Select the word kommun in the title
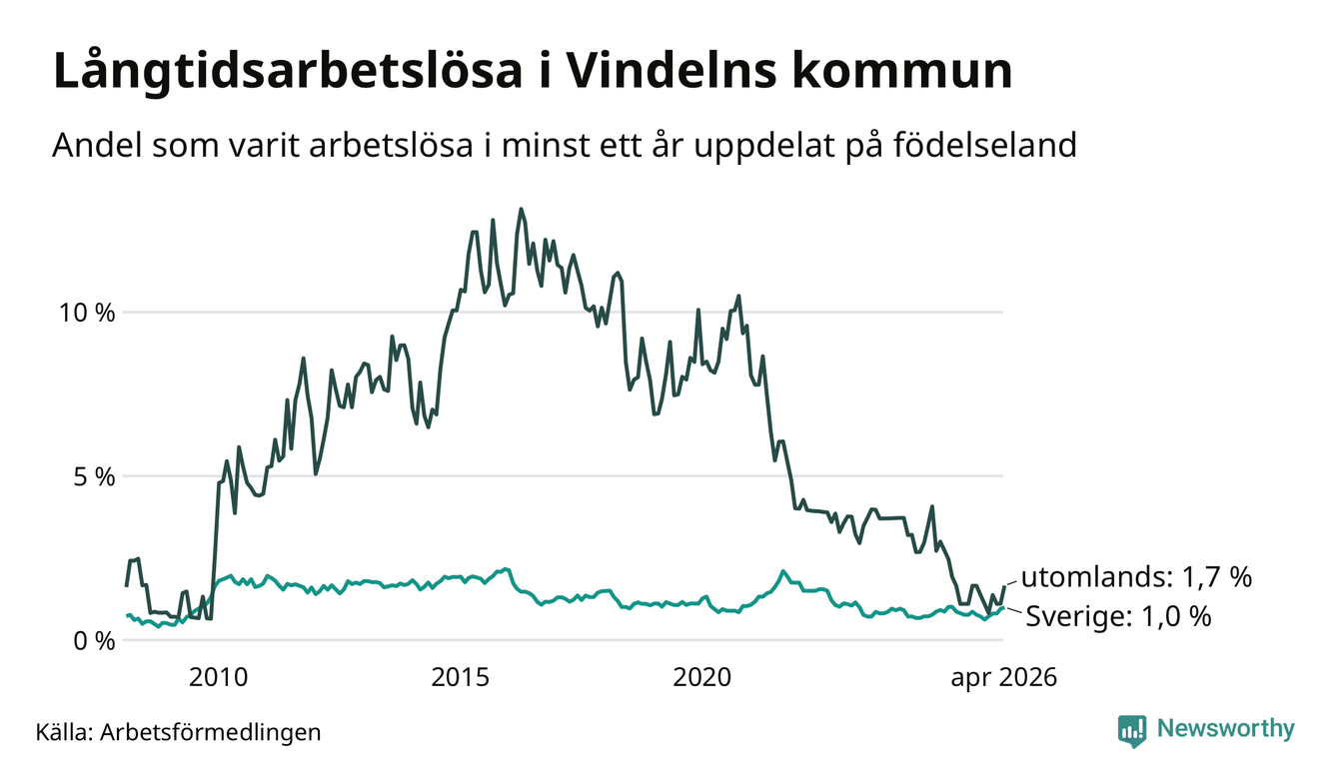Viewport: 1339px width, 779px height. coord(902,71)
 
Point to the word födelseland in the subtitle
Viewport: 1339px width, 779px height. coord(985,145)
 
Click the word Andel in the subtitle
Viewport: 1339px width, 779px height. coord(98,145)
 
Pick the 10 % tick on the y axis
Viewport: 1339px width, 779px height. coord(87,313)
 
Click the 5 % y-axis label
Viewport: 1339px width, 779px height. coord(95,476)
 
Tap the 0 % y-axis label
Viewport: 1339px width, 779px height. coord(95,641)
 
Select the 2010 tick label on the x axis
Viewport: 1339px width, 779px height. coord(218,677)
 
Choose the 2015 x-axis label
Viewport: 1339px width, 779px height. coord(461,677)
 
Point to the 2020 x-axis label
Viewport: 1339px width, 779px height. coord(702,677)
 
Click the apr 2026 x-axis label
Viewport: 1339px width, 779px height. coord(1004,678)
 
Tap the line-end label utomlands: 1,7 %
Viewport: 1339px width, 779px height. coord(1136,577)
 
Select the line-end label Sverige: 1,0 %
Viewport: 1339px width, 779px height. coord(1118,616)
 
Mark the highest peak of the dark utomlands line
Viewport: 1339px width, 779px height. coord(521,209)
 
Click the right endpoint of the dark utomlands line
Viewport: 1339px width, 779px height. coord(1004,586)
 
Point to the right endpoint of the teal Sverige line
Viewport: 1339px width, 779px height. coord(1003,608)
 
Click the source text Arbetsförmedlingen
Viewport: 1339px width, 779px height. coord(211,732)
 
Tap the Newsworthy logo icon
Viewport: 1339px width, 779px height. coord(1132,731)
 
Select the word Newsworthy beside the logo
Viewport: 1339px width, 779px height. coord(1226,729)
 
